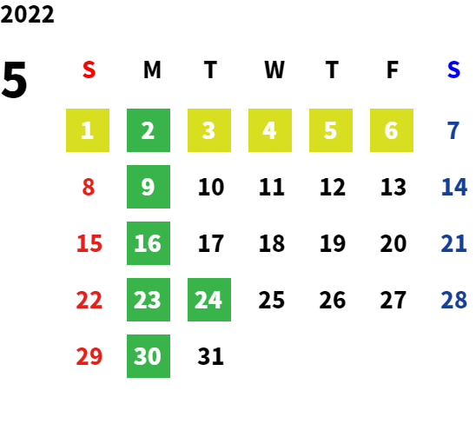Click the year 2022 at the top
[27, 15]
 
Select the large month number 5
[14, 80]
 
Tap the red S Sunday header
[89, 70]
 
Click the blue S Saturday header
[453, 70]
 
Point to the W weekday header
[274, 70]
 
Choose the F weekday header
[393, 70]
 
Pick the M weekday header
[152, 70]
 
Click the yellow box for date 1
[88, 130]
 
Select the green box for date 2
[149, 130]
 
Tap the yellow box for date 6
[392, 130]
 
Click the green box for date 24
[209, 300]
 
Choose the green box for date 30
[149, 356]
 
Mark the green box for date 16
[149, 243]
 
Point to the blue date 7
[453, 130]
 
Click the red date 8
[89, 187]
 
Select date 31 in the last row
[211, 356]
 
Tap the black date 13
[393, 187]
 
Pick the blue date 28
[453, 300]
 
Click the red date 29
[89, 356]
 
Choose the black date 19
[333, 243]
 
